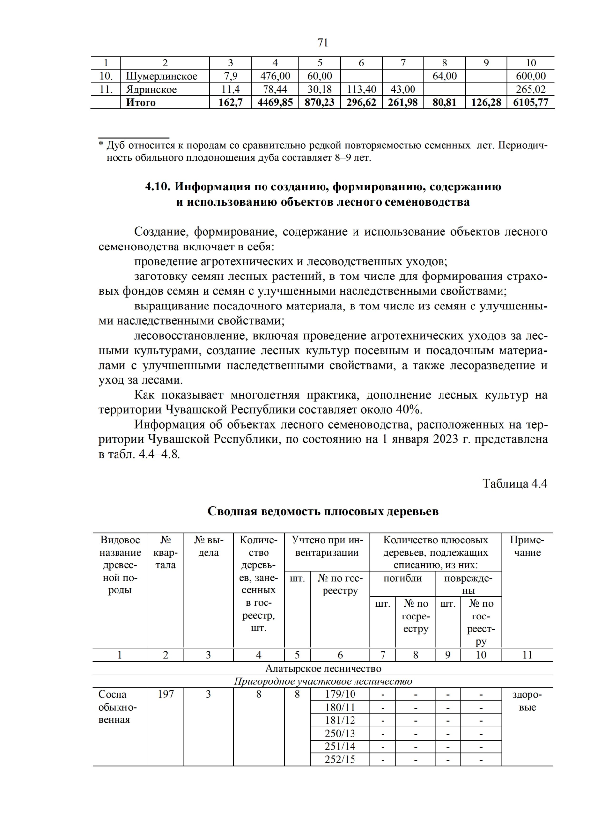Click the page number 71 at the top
click(323, 43)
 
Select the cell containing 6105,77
click(531, 102)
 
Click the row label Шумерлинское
click(162, 76)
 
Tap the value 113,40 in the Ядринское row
click(361, 90)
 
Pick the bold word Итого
click(141, 102)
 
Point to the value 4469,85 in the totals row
click(274, 102)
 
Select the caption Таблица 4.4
click(515, 483)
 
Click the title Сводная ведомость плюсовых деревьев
click(323, 511)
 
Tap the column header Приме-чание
click(527, 546)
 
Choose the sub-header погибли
click(403, 578)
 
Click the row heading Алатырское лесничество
click(323, 668)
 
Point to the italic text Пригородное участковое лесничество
click(323, 681)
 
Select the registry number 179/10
click(340, 694)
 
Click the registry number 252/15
click(340, 759)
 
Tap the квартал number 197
click(166, 694)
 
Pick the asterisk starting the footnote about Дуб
click(101, 145)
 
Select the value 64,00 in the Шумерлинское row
click(444, 76)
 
